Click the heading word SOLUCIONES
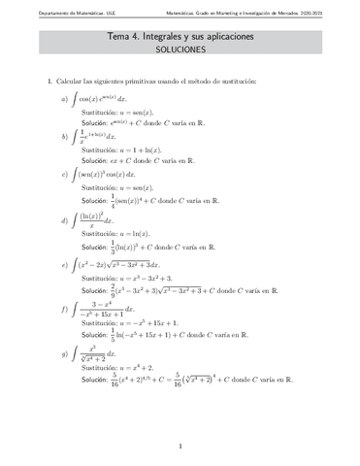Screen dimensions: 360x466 pyautogui.click(x=180, y=46)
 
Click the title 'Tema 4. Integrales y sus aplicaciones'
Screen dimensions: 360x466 pyautogui.click(x=180, y=33)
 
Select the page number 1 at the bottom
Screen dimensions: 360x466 pyautogui.click(x=180, y=446)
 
